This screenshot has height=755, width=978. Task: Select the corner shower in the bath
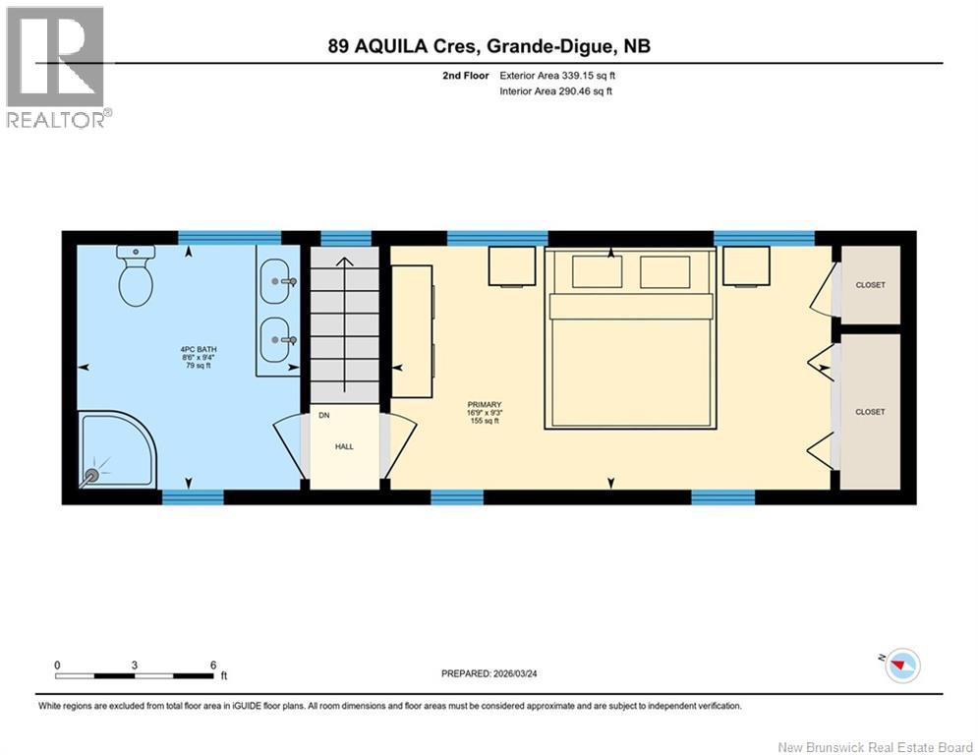(117, 450)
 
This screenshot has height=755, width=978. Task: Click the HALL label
(343, 445)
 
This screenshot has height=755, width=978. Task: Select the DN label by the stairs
(323, 416)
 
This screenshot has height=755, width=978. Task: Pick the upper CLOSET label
(870, 285)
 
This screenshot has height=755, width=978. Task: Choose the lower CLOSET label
(870, 412)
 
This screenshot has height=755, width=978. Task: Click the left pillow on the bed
(597, 271)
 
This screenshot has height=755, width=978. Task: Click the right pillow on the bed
(664, 271)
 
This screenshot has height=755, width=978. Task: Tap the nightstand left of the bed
(511, 265)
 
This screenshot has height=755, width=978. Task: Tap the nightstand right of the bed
(746, 265)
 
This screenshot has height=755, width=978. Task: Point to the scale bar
(136, 675)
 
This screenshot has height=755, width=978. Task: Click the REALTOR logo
(55, 67)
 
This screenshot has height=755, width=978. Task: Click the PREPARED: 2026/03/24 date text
(496, 673)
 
